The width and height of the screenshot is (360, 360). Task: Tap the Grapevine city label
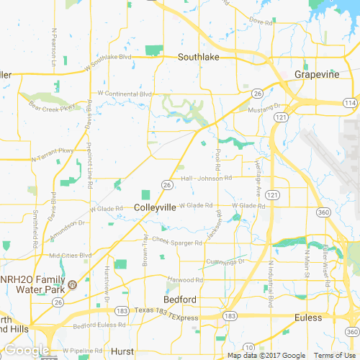(318, 73)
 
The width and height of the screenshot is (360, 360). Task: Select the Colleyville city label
(155, 207)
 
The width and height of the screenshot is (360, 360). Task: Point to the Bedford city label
(179, 299)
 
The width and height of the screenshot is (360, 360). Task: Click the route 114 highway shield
(349, 104)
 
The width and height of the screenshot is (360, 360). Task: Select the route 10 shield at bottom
(248, 347)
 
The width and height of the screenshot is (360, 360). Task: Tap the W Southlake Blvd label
(109, 57)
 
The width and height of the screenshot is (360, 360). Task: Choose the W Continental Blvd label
(125, 94)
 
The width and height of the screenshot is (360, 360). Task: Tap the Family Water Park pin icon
(73, 283)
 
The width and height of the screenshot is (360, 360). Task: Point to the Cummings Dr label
(225, 261)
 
